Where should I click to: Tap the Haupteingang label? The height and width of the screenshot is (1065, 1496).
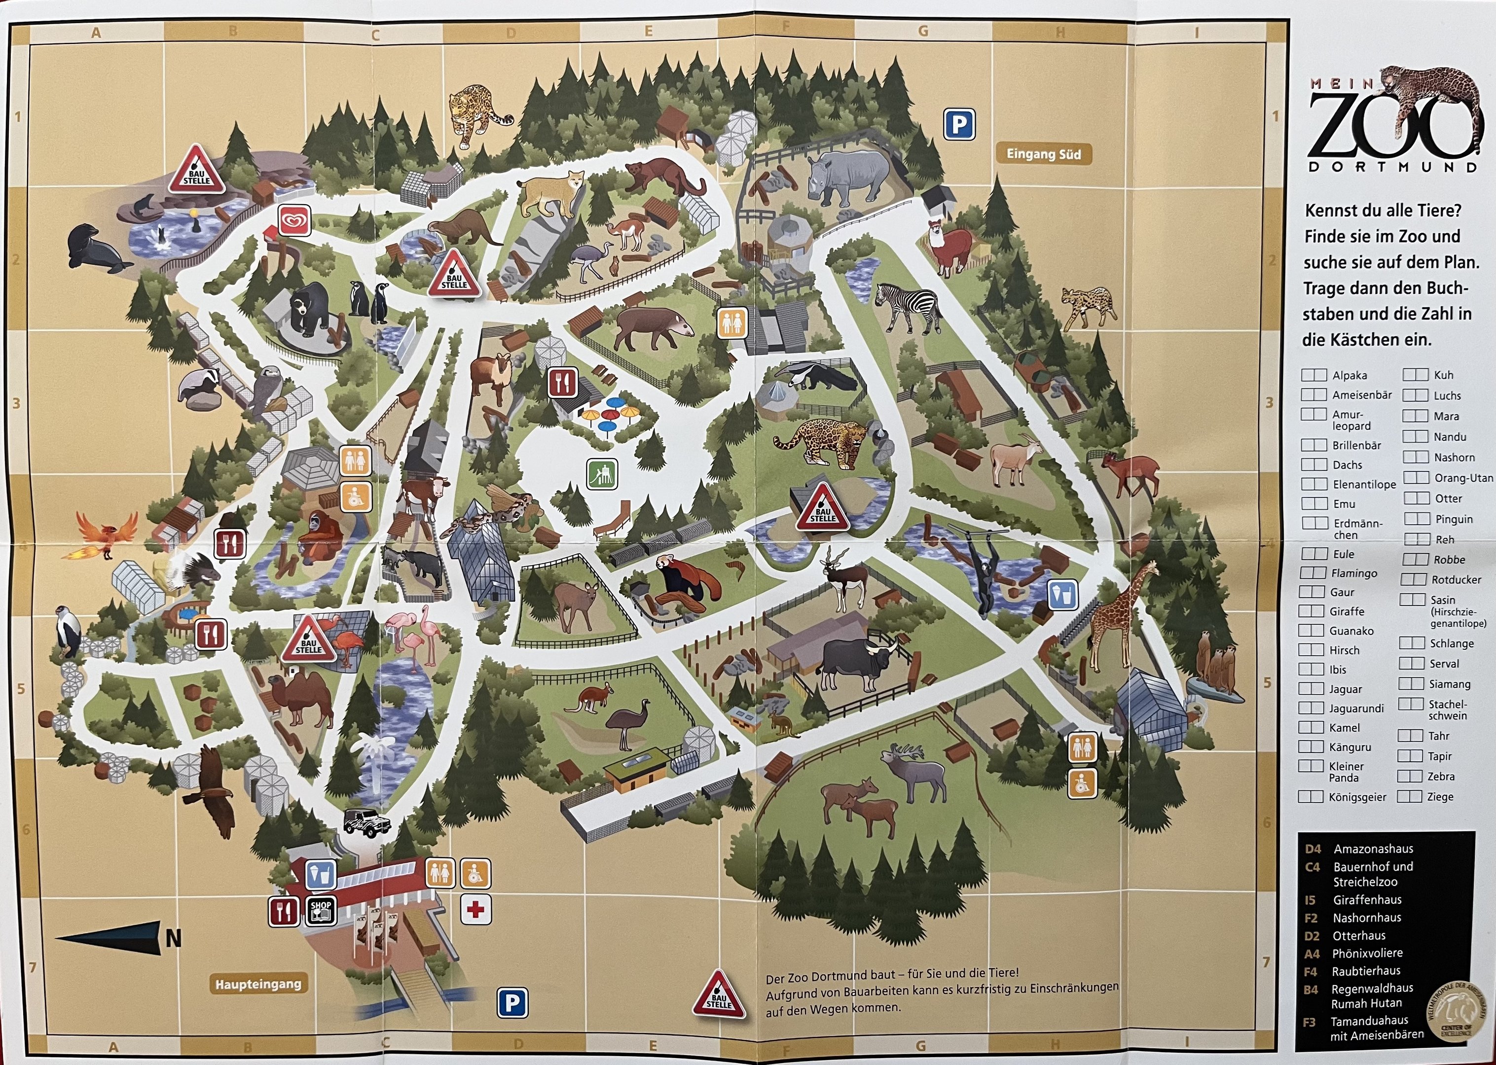click(x=258, y=984)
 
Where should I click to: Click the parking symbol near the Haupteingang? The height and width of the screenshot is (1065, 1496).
click(x=512, y=1003)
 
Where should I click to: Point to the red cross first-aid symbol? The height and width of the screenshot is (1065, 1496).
click(x=475, y=910)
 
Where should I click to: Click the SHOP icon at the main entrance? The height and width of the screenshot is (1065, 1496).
click(x=321, y=910)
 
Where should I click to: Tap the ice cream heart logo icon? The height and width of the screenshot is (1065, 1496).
click(x=294, y=220)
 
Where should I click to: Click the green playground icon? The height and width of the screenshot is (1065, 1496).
click(x=602, y=473)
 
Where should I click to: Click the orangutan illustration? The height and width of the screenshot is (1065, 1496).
click(x=321, y=538)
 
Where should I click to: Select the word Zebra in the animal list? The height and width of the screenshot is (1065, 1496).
click(x=1441, y=777)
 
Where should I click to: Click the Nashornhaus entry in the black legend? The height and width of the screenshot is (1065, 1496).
click(x=1367, y=918)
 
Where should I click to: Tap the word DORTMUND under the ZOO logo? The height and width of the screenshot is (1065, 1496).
click(x=1393, y=167)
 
